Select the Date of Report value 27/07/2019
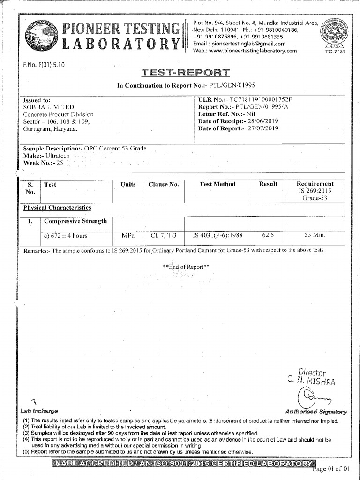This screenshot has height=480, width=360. [x=262, y=128]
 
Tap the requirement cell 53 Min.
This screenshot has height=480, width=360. [x=315, y=235]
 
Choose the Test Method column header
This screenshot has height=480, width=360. [x=217, y=184]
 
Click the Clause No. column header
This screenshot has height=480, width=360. [x=164, y=184]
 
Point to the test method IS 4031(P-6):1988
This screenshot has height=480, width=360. [x=217, y=235]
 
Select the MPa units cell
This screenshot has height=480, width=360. [x=128, y=235]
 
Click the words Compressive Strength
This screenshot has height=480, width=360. [x=75, y=221]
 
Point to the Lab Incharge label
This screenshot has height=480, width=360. [x=39, y=411]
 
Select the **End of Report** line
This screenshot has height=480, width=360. [x=186, y=267]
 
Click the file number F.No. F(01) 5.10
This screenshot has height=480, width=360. [x=44, y=64]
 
